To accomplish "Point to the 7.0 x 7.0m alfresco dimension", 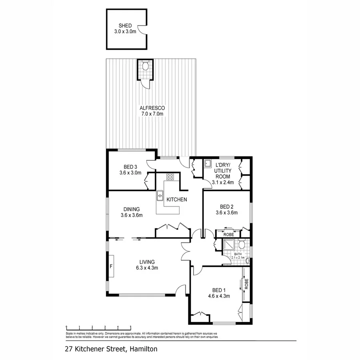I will pos(152,114).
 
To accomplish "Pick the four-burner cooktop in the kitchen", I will pos(170,176).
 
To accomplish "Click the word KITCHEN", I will pos(177,199).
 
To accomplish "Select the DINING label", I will pos(131,209).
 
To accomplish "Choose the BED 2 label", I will pos(226,206).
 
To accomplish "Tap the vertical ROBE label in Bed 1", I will pos(246,284).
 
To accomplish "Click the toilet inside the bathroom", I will pos(241,245).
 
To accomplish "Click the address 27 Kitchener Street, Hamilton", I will pos(111,349).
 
